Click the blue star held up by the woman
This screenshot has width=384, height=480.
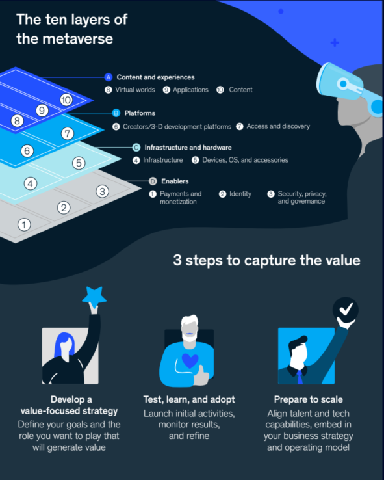pyautogui.click(x=94, y=296)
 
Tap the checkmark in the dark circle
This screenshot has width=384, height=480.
pyautogui.click(x=346, y=309)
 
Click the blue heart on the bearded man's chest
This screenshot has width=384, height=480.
pyautogui.click(x=190, y=360)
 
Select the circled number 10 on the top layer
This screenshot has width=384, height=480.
pyautogui.click(x=66, y=100)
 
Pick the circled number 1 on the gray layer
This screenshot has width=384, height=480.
pyautogui.click(x=24, y=224)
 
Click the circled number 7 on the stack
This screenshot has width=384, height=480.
pyautogui.click(x=68, y=133)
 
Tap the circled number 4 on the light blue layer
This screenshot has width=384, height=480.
pyautogui.click(x=31, y=183)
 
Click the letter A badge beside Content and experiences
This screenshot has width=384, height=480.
pyautogui.click(x=109, y=77)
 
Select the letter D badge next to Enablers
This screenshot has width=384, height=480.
pyautogui.click(x=153, y=181)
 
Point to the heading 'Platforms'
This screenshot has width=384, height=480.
pyautogui.click(x=140, y=113)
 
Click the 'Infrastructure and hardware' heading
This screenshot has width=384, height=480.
pyautogui.click(x=188, y=148)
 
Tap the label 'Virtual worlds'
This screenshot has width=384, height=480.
pyautogui.click(x=135, y=90)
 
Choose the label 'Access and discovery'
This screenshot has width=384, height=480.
pyautogui.click(x=278, y=126)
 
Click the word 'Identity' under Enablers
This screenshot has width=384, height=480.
pyautogui.click(x=240, y=194)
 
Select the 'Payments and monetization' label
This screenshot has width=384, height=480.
pyautogui.click(x=181, y=198)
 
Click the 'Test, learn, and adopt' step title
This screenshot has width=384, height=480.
pyautogui.click(x=189, y=399)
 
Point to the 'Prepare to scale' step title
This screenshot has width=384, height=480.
pyautogui.click(x=308, y=399)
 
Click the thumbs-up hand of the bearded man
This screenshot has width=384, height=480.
pyautogui.click(x=201, y=376)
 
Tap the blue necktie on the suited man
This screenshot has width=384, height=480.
pyautogui.click(x=300, y=377)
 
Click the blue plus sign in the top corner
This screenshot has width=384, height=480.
pyautogui.click(x=335, y=42)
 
